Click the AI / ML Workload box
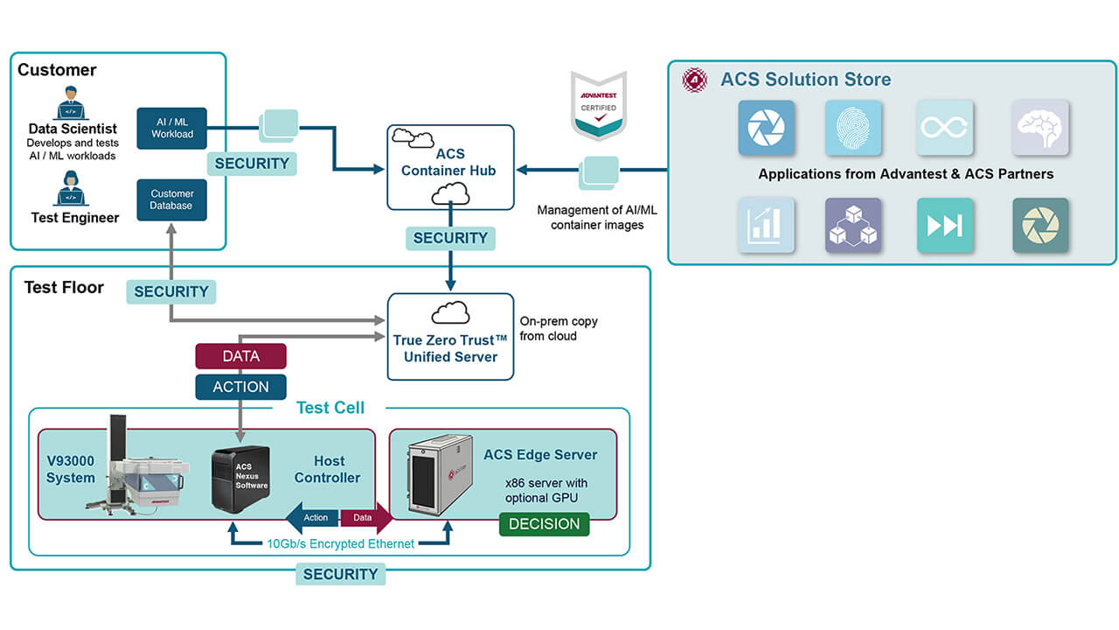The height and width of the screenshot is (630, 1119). click(x=171, y=129)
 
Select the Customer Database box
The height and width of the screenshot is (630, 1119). click(x=171, y=199)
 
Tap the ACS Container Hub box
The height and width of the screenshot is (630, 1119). click(x=450, y=167)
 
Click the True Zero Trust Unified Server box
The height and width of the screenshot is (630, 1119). click(x=450, y=336)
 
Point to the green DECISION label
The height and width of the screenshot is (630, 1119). click(x=544, y=524)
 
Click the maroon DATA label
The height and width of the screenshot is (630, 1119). click(x=240, y=356)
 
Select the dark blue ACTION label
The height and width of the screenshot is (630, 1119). click(x=240, y=387)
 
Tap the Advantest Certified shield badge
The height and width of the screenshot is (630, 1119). click(x=599, y=105)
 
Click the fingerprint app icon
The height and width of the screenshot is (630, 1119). click(x=853, y=128)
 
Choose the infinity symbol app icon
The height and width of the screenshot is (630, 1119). click(x=944, y=128)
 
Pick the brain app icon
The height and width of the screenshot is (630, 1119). click(x=1039, y=128)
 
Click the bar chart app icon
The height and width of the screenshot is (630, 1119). click(x=766, y=226)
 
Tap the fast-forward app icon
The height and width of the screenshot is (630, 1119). click(x=944, y=226)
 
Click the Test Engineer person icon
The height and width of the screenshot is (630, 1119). click(x=72, y=188)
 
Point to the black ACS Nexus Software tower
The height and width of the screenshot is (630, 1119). click(x=240, y=479)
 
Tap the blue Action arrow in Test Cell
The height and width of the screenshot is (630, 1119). click(x=312, y=518)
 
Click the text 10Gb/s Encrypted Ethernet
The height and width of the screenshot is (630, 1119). click(x=340, y=543)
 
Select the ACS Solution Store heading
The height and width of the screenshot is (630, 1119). click(x=805, y=80)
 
